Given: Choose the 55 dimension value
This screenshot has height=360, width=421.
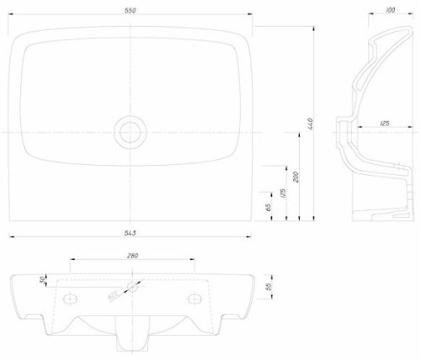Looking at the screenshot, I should tap(269, 287).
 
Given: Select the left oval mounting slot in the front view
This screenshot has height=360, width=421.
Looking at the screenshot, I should tap(70, 297).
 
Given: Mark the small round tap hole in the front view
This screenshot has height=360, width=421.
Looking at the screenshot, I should tap(132, 285).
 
